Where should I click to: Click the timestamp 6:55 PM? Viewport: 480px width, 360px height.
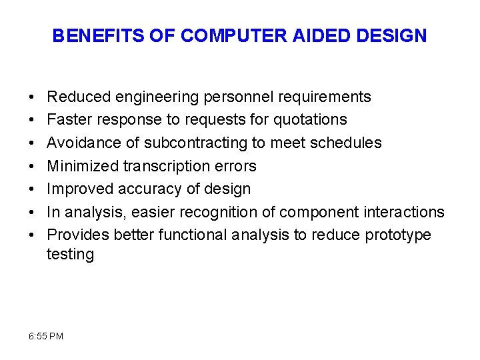(x=47, y=336)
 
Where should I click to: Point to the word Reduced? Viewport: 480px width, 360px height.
(x=79, y=97)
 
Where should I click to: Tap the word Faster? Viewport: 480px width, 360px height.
(x=71, y=120)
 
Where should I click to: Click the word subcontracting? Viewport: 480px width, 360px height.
(x=187, y=143)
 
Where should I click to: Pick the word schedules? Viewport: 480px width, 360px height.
(x=346, y=143)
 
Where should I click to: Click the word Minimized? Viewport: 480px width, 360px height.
(x=83, y=166)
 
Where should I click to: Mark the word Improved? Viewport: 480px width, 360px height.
(x=81, y=189)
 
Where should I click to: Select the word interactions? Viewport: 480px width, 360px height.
(x=403, y=212)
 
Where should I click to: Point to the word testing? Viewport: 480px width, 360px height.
(x=70, y=255)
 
